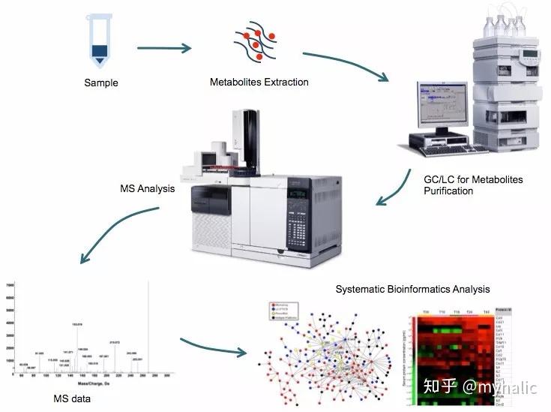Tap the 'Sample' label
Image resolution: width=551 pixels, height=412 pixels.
100,83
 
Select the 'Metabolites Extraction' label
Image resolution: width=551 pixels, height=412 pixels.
259,82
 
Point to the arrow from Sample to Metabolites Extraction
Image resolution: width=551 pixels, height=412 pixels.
164,49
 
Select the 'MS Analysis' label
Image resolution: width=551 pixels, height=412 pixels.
147,188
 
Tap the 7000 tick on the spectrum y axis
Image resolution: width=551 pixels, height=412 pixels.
10,287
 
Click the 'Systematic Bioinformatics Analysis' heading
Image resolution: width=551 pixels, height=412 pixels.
412,289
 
